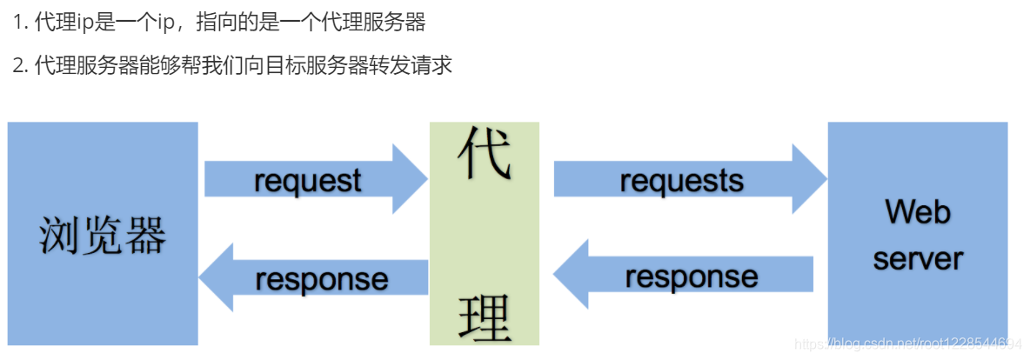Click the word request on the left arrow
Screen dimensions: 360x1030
[x=307, y=181]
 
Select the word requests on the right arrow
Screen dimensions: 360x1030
[x=681, y=180]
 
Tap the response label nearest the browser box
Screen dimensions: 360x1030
[x=322, y=279]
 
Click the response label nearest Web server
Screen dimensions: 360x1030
[x=692, y=277]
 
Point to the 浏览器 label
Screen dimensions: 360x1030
[x=103, y=235]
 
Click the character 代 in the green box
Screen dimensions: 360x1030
[x=484, y=155]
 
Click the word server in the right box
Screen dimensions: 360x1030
[x=918, y=258]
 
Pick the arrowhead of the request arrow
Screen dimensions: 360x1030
[x=409, y=179]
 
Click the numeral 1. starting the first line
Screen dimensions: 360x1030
[x=21, y=22]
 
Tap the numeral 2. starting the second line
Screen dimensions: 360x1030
[x=21, y=65]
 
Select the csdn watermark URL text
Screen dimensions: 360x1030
[x=909, y=344]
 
